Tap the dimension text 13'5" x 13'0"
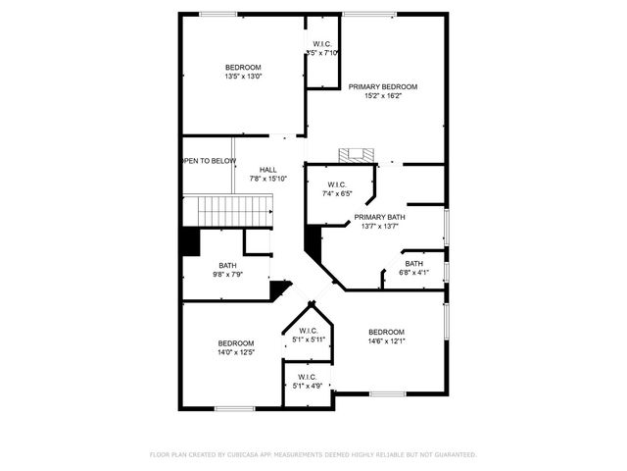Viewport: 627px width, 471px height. point(243,76)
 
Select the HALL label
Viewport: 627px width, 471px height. point(267,170)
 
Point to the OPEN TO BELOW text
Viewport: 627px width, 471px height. point(209,161)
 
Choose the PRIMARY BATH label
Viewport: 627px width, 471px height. point(379,217)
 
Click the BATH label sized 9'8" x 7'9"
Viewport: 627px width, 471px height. point(227,265)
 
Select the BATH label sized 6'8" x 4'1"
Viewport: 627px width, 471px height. point(414,263)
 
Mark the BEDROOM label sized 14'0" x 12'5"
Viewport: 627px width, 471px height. point(235,342)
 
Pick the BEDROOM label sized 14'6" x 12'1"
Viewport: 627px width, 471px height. point(386,332)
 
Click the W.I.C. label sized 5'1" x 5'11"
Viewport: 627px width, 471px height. point(308,331)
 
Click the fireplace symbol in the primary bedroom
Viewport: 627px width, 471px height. point(357,155)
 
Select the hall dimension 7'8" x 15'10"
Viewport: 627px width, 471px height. point(267,179)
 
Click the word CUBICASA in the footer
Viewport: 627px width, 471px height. point(244,454)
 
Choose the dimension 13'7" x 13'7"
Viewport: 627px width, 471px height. point(379,226)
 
